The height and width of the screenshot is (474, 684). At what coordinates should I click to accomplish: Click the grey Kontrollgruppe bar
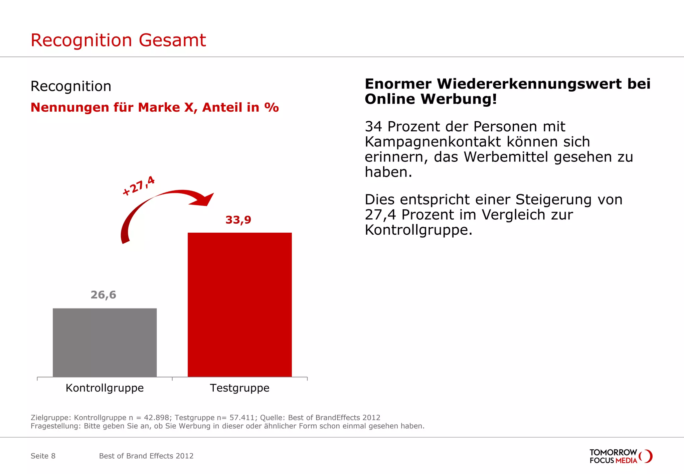point(105,342)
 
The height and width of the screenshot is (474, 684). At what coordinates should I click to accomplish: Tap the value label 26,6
point(104,295)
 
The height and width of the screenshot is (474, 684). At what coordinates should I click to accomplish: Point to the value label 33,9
point(238,220)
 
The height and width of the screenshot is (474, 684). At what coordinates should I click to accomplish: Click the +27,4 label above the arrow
point(139,186)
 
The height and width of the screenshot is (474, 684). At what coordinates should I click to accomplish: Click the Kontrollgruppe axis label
point(105,388)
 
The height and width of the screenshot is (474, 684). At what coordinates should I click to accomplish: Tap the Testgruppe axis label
point(239,388)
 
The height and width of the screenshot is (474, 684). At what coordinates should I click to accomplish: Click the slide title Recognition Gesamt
point(118,40)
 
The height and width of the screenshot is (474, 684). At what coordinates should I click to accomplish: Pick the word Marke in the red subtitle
point(159,108)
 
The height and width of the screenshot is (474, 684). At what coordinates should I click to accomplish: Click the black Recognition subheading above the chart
point(71,86)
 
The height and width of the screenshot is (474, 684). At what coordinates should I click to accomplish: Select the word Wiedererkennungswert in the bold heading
point(530,84)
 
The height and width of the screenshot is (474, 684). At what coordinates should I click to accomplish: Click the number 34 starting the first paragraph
point(373,127)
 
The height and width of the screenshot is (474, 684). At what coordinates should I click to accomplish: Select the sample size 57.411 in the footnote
point(243,418)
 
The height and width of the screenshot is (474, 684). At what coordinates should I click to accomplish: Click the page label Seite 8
point(43,456)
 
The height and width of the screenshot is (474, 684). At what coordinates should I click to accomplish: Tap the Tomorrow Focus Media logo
point(620,456)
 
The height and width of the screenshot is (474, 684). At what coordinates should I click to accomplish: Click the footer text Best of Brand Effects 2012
point(146,456)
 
